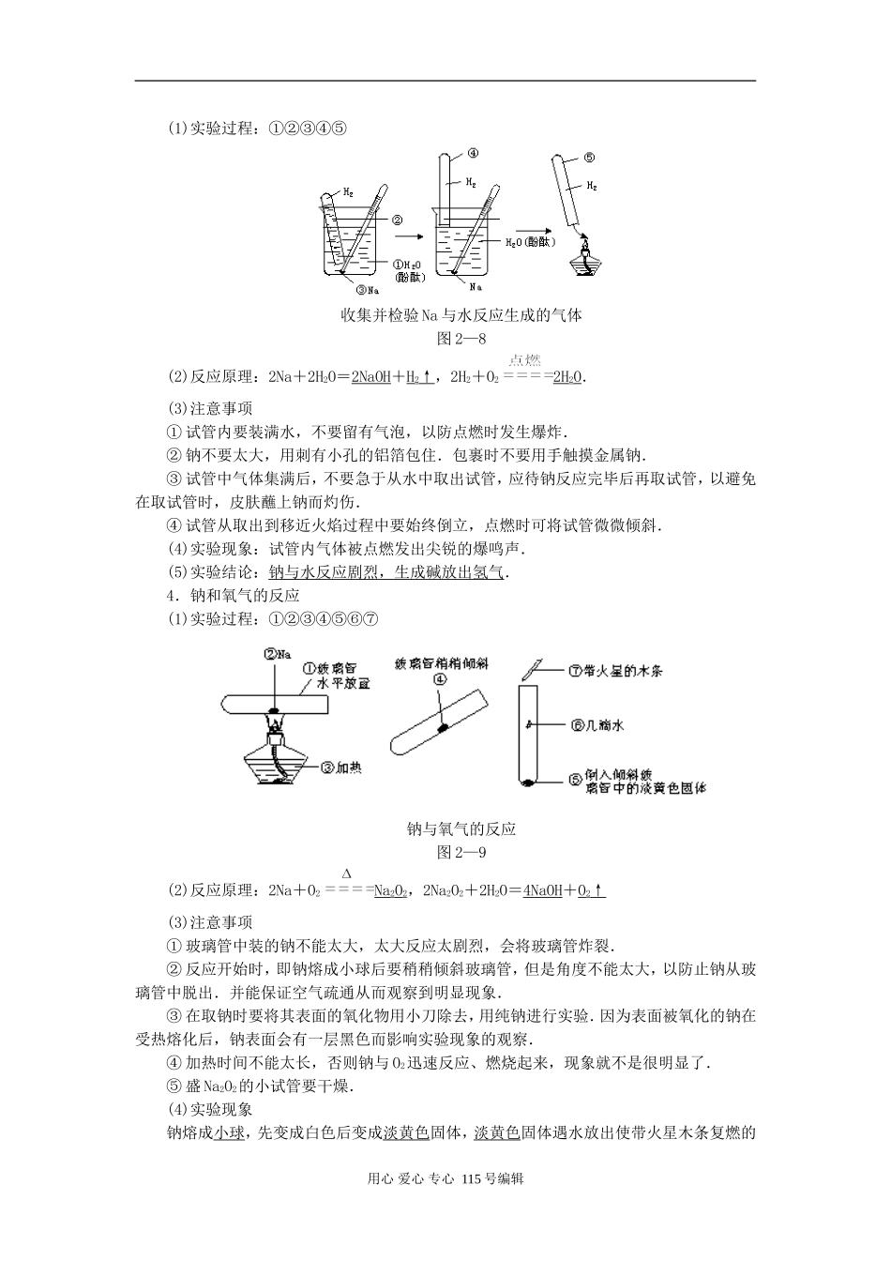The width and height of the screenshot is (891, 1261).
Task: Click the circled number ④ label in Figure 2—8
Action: coord(473,153)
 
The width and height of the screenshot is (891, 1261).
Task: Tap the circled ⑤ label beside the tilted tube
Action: coord(589,158)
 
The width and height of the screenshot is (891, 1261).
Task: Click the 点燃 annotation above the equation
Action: coord(525,360)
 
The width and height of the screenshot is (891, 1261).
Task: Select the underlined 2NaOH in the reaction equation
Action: coord(371,377)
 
